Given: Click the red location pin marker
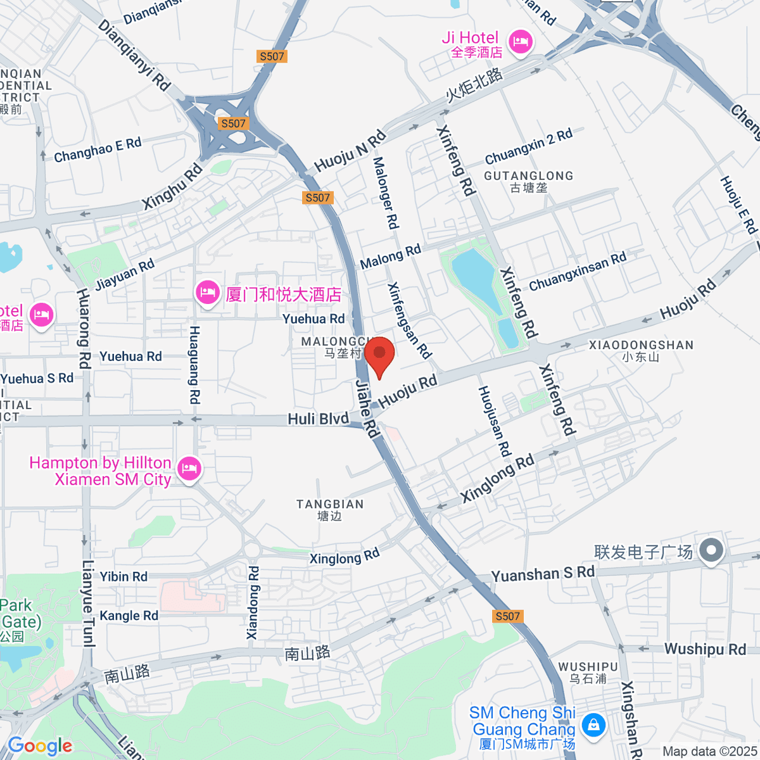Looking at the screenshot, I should coord(379,355).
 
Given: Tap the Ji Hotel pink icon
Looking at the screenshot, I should coord(521,42).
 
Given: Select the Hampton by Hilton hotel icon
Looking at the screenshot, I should coord(189,470).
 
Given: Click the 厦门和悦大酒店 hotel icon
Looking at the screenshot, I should coord(207,293).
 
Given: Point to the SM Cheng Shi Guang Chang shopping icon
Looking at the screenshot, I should coord(593,724).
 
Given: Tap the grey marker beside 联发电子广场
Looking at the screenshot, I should coord(711,550).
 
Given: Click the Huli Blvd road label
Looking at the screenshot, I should coord(318,419).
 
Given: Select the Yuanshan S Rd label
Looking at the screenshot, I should coord(543,574).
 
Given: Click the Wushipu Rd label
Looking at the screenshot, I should coord(705,649).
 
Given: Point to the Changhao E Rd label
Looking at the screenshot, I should coord(98,150).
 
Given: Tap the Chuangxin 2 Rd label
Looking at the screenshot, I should coord(528,146).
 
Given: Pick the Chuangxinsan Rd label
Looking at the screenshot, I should coord(577,271).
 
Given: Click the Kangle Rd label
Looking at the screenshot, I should coord(129,616).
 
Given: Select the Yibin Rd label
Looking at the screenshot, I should coord(123,576).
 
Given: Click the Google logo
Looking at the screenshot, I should coord(40,746).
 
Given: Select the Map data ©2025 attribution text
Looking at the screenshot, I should coord(709,751).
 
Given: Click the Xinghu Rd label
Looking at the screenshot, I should coord(172,186).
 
